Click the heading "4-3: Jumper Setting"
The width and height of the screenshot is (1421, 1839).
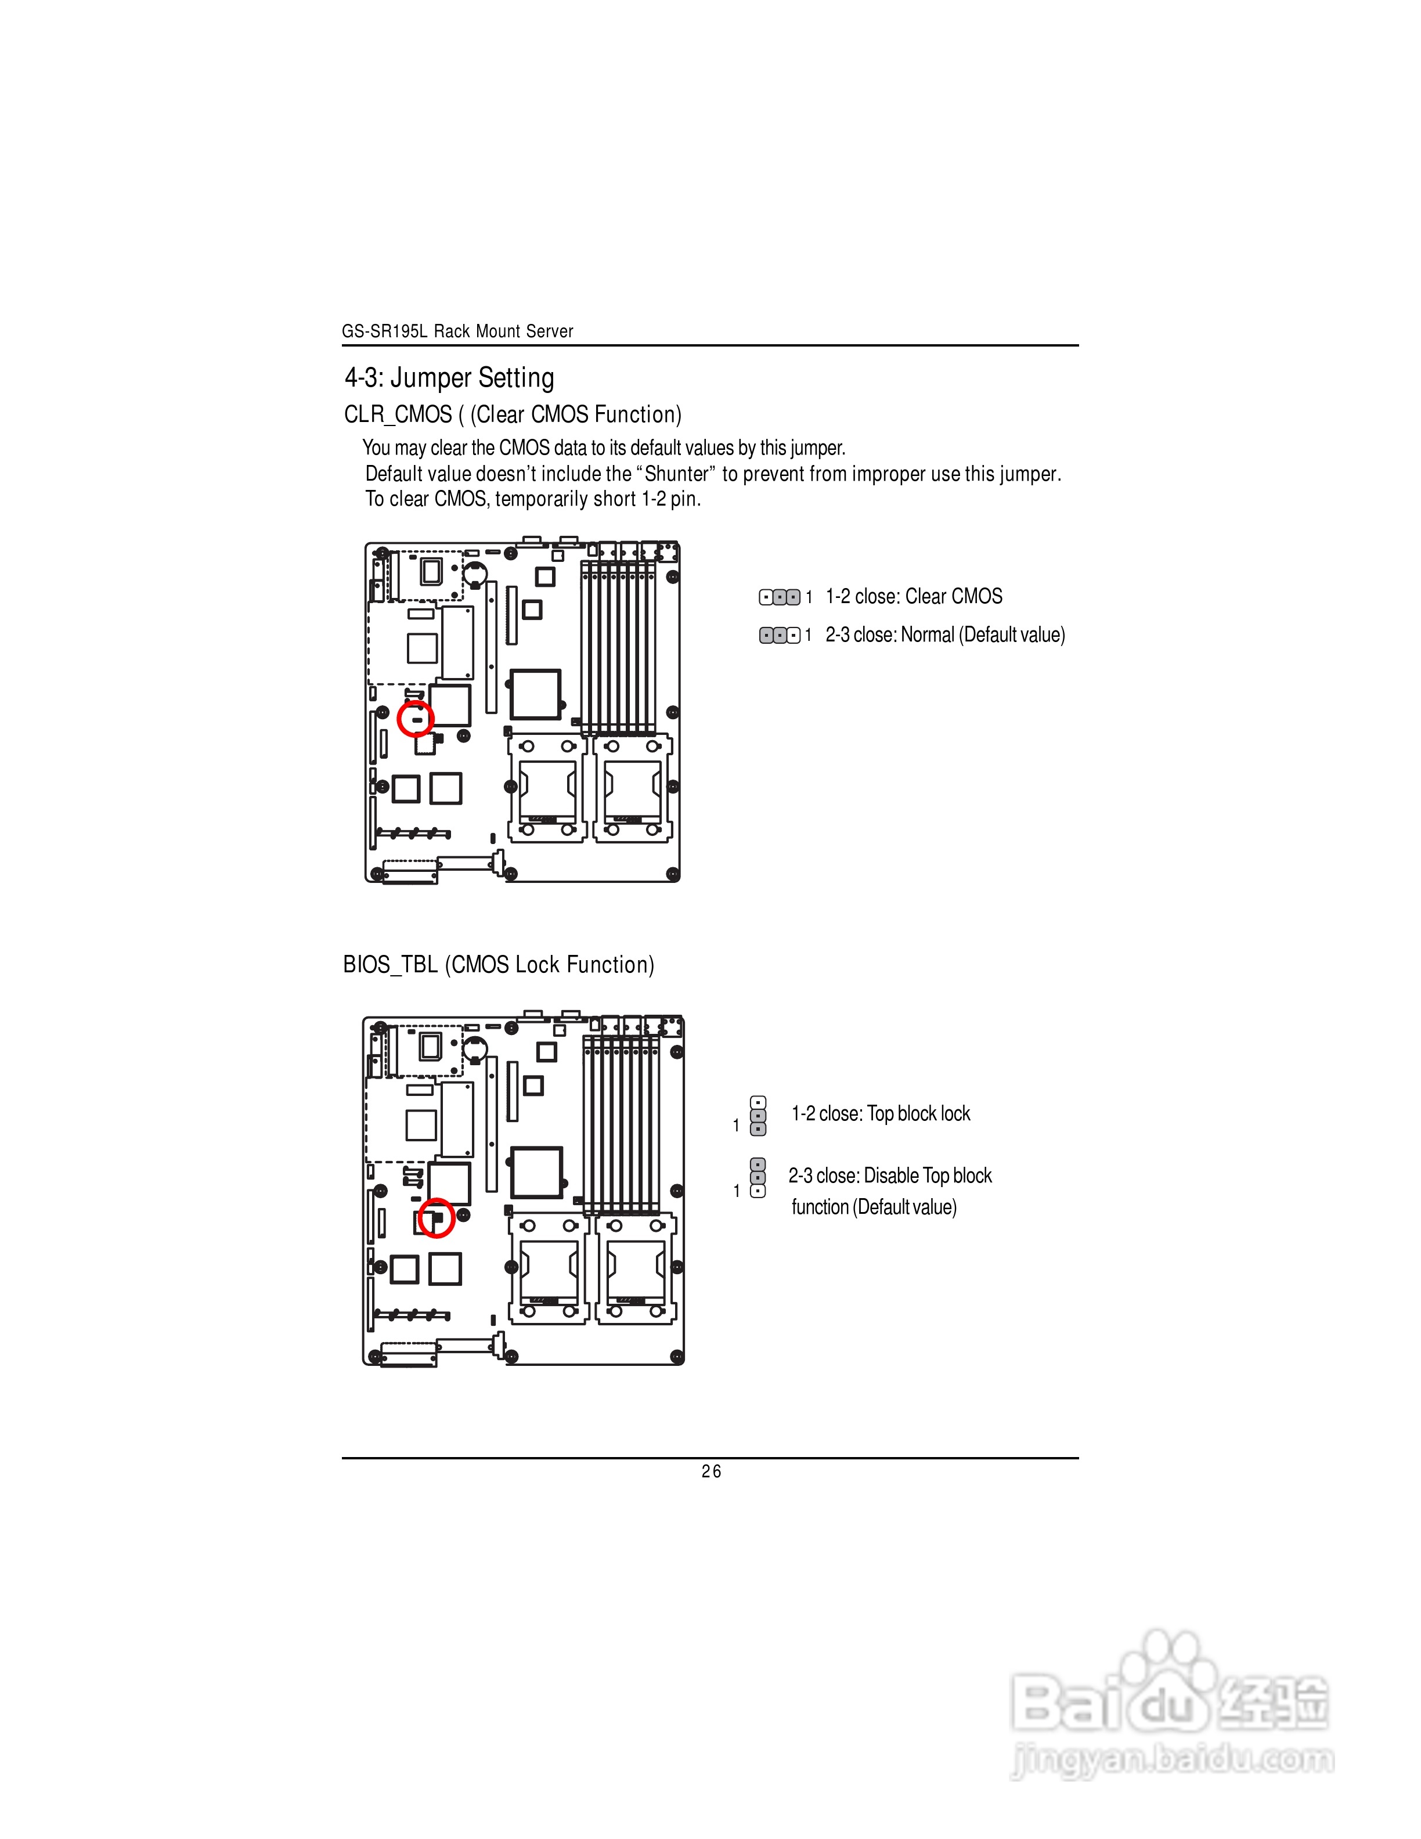tap(449, 377)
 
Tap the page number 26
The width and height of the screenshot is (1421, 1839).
tap(711, 1471)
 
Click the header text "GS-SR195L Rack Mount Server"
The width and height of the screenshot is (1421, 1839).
tap(457, 331)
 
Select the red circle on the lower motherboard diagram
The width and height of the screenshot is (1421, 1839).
tap(436, 1217)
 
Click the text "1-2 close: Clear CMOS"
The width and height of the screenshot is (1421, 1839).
tap(914, 596)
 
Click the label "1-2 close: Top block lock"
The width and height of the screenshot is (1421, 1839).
tap(881, 1113)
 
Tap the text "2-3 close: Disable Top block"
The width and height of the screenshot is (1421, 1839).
tap(890, 1175)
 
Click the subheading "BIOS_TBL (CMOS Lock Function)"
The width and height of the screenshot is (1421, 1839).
tap(499, 964)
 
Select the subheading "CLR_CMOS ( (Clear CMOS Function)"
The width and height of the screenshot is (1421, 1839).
tap(513, 414)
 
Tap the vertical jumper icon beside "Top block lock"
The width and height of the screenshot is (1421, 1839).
tap(758, 1116)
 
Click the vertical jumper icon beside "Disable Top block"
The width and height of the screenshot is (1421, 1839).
tap(758, 1178)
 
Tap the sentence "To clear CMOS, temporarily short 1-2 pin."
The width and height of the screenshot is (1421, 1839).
tap(533, 499)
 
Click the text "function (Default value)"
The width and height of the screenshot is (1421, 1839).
tap(874, 1207)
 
